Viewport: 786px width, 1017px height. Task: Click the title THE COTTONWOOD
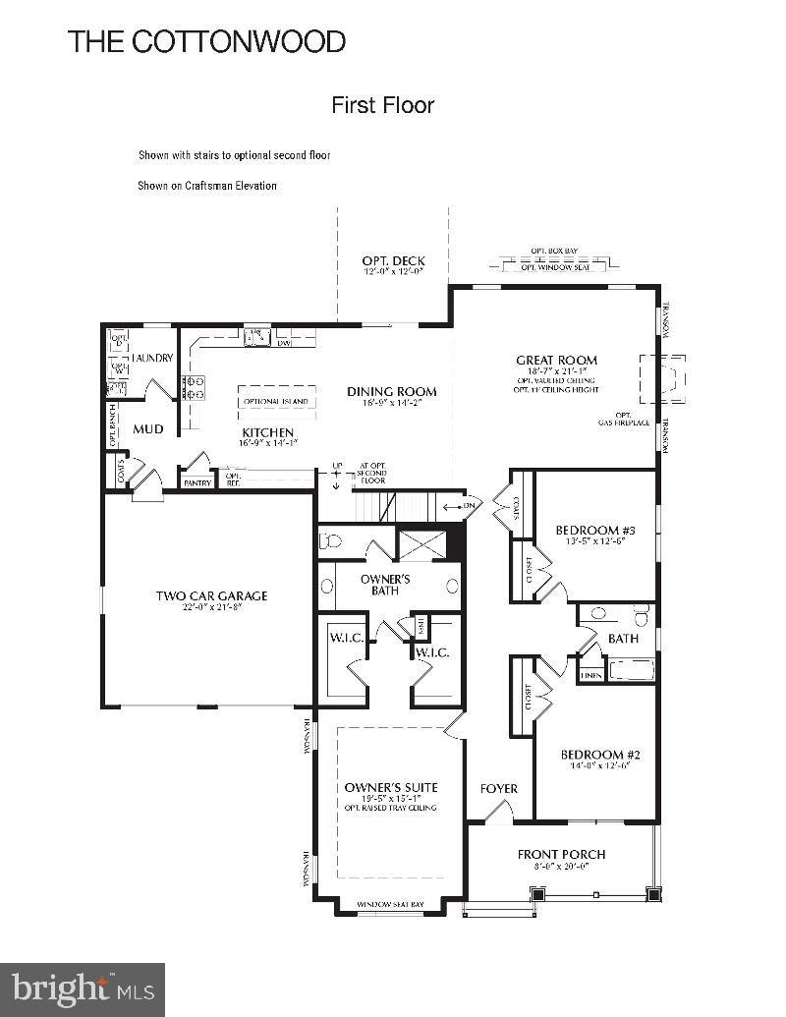206,41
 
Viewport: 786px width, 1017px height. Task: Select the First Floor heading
382,105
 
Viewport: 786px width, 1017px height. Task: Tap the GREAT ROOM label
556,360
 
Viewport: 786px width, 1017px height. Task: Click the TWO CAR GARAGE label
211,595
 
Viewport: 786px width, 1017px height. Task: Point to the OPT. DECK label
393,261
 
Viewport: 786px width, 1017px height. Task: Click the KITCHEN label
267,432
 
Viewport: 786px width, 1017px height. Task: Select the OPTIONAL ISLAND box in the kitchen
276,401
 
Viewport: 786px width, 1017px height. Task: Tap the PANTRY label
197,482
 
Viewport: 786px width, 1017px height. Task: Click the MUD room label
148,429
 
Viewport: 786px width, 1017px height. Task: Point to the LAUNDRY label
152,359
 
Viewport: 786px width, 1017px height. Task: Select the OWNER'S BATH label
385,585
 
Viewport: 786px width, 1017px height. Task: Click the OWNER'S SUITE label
390,787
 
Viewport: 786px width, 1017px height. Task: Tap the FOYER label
498,788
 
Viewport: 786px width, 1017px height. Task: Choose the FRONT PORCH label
561,854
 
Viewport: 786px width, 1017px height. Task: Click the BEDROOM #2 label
600,755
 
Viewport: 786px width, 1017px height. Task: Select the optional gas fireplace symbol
662,378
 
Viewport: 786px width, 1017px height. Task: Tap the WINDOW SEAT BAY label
389,903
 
